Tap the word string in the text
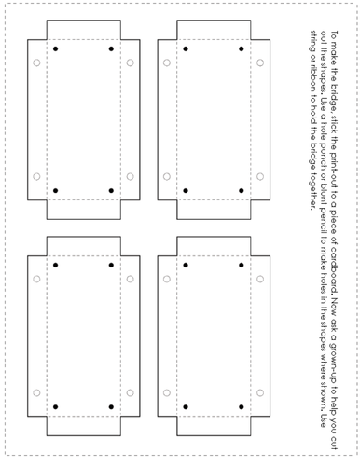(313, 41)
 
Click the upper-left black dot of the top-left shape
(56, 48)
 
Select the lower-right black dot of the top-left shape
(111, 190)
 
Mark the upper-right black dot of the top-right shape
(242, 48)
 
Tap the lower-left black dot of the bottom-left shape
(56, 406)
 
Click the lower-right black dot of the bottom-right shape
(242, 406)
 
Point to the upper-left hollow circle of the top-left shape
(36, 62)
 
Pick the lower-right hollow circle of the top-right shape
(260, 176)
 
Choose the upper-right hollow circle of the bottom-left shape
(131, 279)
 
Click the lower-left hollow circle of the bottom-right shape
(167, 392)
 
